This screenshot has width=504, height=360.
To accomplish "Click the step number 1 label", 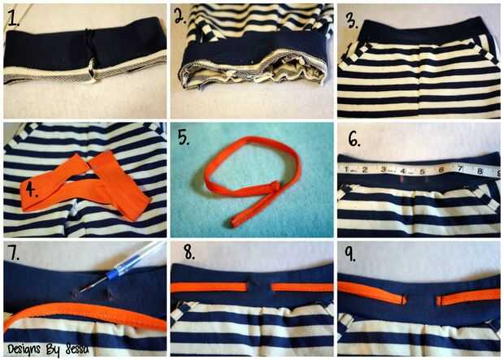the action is coord(14,19).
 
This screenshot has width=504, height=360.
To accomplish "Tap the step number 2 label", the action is coord(180,16).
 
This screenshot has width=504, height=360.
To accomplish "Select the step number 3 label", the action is coord(352,20).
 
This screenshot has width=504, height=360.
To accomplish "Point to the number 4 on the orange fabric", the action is coord(31,190).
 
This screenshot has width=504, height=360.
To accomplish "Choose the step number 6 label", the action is coord(354,139).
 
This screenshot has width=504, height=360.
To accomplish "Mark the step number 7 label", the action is coord(14,254).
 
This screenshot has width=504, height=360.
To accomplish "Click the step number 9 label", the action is coord(350,254).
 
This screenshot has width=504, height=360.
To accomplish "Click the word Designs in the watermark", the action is coord(24,349).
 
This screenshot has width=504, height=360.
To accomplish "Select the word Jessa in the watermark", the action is coord(77,349).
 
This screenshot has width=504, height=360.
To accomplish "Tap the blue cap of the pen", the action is coord(113,274).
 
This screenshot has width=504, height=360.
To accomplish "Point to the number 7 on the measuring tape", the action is coord(460,168).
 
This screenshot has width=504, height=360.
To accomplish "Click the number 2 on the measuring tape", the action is coord(364,169).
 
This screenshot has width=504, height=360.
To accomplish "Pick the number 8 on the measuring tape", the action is coord(480,171).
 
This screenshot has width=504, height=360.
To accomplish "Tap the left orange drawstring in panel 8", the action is coord(209,287).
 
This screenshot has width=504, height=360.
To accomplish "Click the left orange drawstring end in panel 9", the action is coord(402,299).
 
